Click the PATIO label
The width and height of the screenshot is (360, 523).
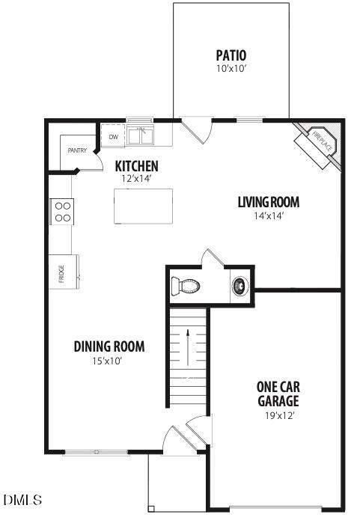(231, 55)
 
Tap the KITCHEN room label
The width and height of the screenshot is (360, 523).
(136, 165)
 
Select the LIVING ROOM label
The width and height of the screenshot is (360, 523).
(269, 202)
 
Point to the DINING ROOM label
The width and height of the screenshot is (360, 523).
(109, 346)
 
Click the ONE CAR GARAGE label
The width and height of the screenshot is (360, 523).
(278, 394)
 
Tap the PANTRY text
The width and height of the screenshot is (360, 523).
(77, 150)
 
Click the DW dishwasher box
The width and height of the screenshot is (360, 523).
(114, 137)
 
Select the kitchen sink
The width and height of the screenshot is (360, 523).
(140, 135)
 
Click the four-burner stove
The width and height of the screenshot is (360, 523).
(62, 211)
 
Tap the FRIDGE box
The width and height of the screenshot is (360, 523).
(61, 270)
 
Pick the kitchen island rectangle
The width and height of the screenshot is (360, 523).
(143, 206)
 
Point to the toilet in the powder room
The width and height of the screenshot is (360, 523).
(186, 286)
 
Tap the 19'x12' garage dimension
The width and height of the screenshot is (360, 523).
(278, 415)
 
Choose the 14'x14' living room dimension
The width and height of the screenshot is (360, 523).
(269, 216)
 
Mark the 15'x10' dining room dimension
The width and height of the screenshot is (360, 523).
(109, 361)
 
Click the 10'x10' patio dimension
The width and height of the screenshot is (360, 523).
(231, 69)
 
